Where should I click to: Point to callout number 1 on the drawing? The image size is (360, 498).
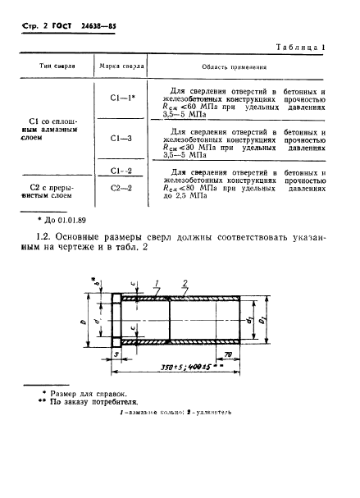click(153, 283)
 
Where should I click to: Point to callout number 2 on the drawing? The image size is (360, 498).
click(186, 283)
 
